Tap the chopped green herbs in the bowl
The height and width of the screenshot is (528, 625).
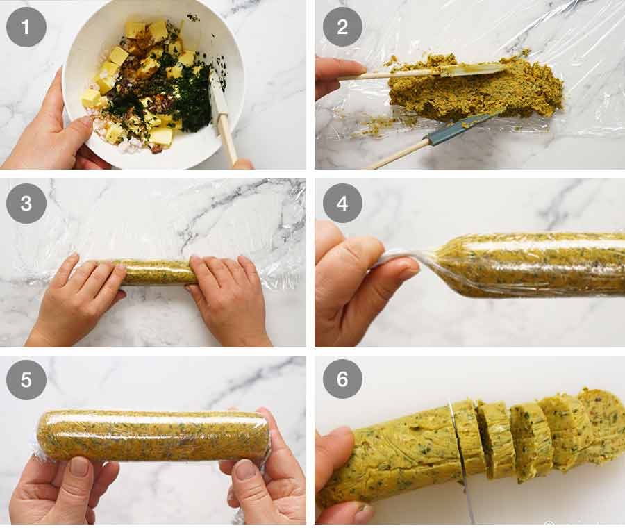click(191, 104)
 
